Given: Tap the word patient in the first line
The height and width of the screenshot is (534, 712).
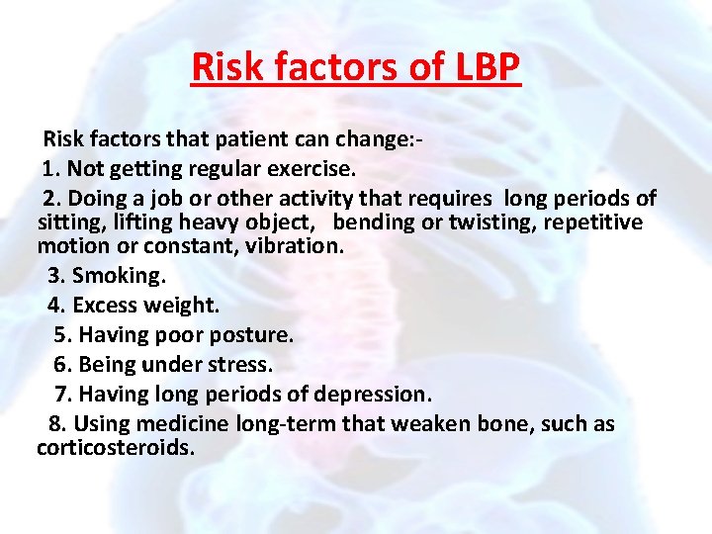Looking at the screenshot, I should [x=264, y=139].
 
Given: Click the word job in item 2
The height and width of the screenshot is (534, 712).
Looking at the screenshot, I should [x=163, y=198].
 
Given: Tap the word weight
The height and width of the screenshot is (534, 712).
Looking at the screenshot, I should [x=185, y=306].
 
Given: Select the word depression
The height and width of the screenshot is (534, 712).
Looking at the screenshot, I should [x=372, y=395].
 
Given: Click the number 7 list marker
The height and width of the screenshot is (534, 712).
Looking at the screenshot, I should [x=62, y=395].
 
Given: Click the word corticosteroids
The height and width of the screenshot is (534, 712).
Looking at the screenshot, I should [x=115, y=448].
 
